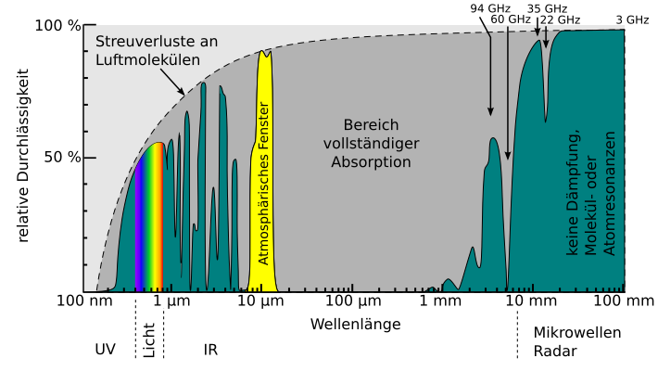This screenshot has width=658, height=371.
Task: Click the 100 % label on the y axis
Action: point(57,26)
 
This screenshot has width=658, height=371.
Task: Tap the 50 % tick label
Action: point(62,158)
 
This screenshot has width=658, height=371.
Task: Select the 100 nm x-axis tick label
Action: point(84,301)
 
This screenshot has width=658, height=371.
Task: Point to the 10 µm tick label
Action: point(260,301)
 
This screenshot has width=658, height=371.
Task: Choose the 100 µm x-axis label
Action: point(353,301)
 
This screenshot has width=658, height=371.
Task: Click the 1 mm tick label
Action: point(440,301)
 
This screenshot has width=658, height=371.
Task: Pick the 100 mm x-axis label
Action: point(624,301)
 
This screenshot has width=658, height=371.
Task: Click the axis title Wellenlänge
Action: point(356,325)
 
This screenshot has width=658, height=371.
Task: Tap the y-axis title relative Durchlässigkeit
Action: point(23,156)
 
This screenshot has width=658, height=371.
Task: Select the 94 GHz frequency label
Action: point(490,8)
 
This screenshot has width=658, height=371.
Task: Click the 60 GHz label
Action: point(511,19)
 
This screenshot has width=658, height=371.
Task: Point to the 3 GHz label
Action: point(632,19)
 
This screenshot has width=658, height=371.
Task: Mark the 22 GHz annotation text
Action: point(560,19)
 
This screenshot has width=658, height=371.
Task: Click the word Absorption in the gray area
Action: point(371,162)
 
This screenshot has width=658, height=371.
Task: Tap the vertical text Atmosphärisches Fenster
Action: point(262,184)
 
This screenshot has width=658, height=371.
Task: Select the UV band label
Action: point(105,350)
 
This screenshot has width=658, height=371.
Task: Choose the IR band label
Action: point(210,350)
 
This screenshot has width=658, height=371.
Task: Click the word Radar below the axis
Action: point(555,351)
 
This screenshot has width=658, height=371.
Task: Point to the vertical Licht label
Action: point(149,340)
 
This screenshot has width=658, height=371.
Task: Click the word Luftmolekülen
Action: point(147,59)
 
